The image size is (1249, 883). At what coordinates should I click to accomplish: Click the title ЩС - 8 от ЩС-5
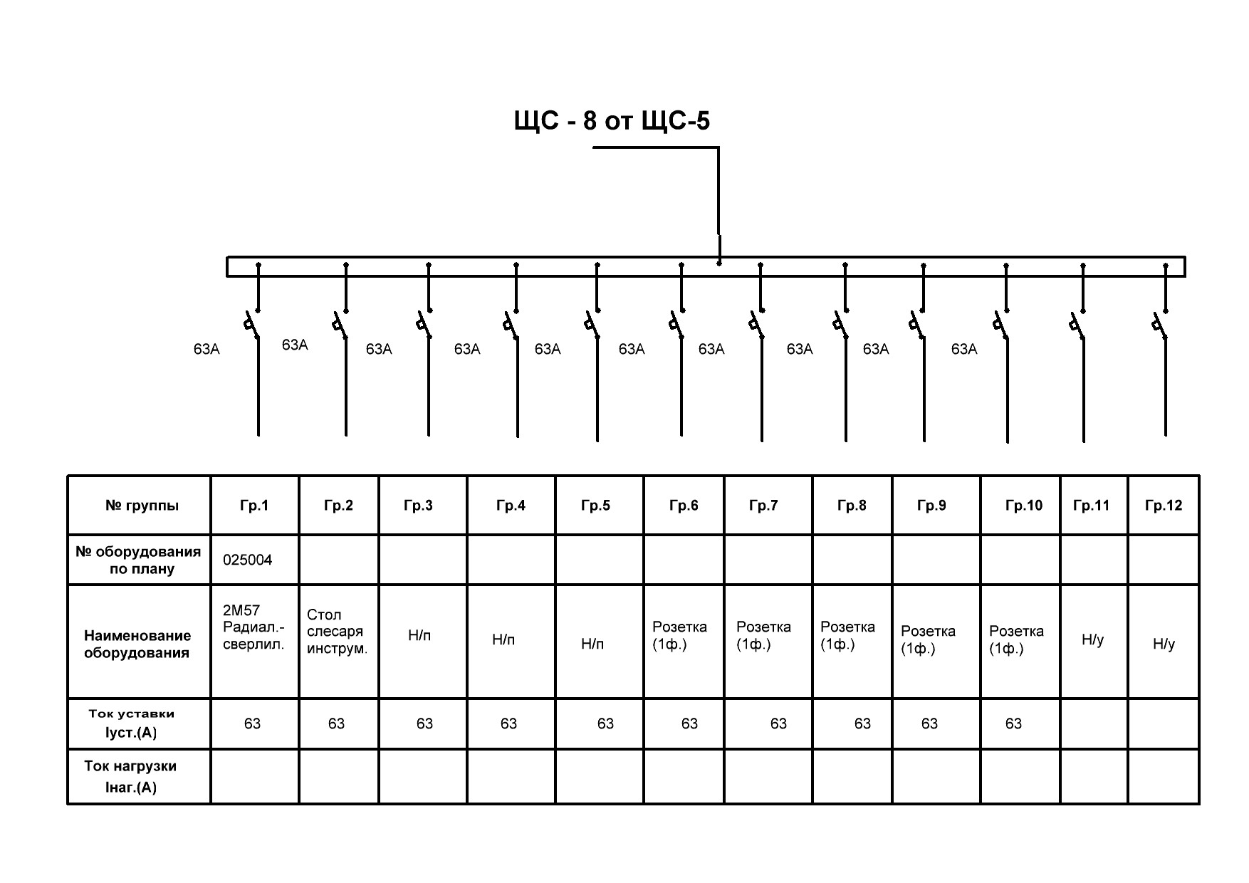click(612, 121)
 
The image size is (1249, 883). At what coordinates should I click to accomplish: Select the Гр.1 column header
click(254, 506)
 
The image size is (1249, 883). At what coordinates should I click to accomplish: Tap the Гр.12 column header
click(1163, 506)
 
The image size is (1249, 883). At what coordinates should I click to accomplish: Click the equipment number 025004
click(247, 560)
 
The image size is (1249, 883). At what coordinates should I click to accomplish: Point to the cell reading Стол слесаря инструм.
click(337, 632)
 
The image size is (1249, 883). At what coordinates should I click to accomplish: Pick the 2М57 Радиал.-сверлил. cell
click(253, 627)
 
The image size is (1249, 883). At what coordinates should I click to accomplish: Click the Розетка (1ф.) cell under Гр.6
click(679, 636)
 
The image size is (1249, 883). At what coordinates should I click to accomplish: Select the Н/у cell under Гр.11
click(1092, 639)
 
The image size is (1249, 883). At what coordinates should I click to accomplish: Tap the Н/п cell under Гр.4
click(503, 639)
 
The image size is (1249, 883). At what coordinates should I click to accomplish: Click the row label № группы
click(142, 506)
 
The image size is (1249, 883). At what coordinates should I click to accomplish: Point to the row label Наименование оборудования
click(137, 644)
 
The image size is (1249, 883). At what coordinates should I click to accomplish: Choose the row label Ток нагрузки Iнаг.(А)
click(130, 776)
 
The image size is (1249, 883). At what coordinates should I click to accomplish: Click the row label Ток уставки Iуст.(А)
click(131, 723)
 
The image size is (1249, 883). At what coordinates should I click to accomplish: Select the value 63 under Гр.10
click(1013, 723)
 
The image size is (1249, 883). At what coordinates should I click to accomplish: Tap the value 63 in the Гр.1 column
click(252, 723)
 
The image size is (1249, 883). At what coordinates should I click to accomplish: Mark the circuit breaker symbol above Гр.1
click(252, 324)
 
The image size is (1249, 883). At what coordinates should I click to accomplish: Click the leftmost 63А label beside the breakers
click(207, 350)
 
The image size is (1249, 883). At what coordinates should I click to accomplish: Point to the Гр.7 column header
click(763, 506)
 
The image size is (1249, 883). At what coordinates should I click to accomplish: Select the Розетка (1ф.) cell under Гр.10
click(1016, 639)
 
